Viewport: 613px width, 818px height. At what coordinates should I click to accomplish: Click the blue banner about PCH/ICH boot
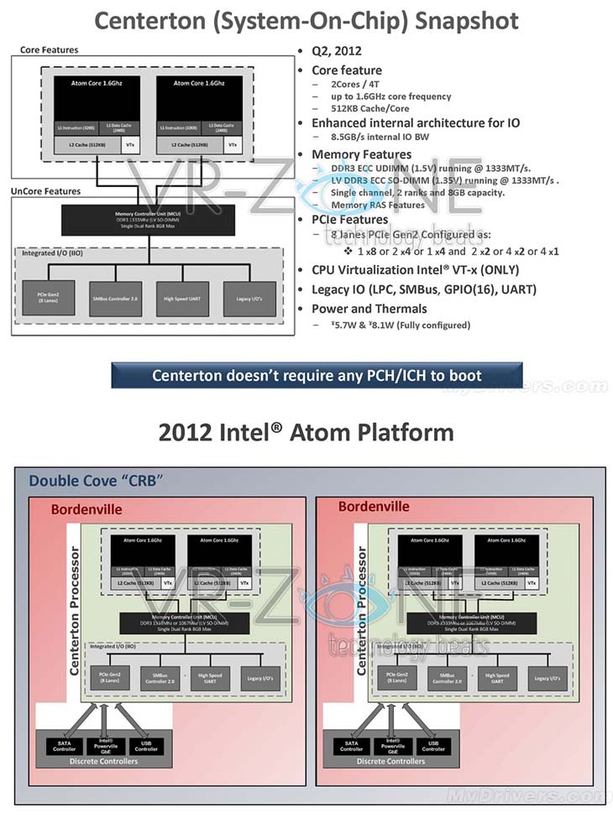[317, 375]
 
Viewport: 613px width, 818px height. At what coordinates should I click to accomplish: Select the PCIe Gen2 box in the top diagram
[49, 299]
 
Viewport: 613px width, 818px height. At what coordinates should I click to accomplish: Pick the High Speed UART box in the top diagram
[181, 299]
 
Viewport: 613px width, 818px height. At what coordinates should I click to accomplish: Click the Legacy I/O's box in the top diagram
[249, 299]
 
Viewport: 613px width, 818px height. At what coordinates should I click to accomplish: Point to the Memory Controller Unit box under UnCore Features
[148, 219]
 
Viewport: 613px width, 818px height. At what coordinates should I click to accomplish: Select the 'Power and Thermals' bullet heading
[369, 309]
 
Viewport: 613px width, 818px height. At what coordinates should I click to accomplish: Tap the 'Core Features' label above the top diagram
[49, 50]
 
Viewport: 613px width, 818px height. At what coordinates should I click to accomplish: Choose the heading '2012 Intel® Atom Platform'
[306, 433]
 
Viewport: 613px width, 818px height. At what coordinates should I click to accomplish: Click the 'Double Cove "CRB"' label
[95, 481]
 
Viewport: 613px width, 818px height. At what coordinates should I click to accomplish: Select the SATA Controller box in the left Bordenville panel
[62, 744]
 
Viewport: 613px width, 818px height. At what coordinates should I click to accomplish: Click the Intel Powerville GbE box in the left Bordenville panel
[102, 744]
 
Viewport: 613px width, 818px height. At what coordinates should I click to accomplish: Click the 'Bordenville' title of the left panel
[86, 508]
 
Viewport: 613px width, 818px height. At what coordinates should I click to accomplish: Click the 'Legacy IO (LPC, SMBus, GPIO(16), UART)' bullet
[424, 289]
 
